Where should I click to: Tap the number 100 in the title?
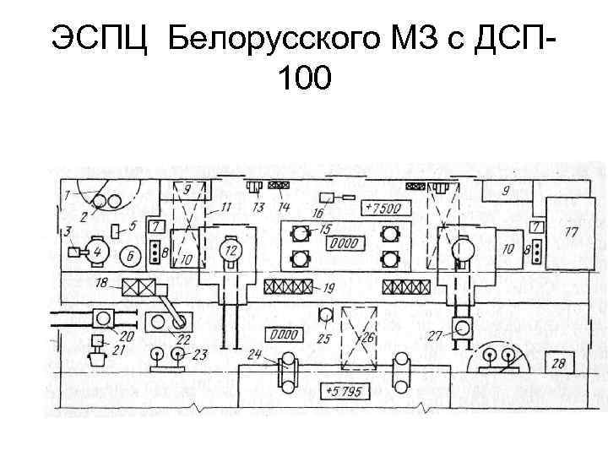pyautogui.click(x=304, y=79)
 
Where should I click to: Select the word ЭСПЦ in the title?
pyautogui.click(x=103, y=37)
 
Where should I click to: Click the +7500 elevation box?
pyautogui.click(x=386, y=208)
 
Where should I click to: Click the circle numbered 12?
pyautogui.click(x=230, y=249)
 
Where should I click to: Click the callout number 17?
pyautogui.click(x=572, y=231)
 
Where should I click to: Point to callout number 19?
pyautogui.click(x=328, y=287)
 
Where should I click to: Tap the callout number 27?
pyautogui.click(x=435, y=336)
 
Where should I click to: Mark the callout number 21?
pyautogui.click(x=118, y=349)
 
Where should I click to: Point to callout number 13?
pyautogui.click(x=257, y=207)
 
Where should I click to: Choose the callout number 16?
pyautogui.click(x=319, y=212)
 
